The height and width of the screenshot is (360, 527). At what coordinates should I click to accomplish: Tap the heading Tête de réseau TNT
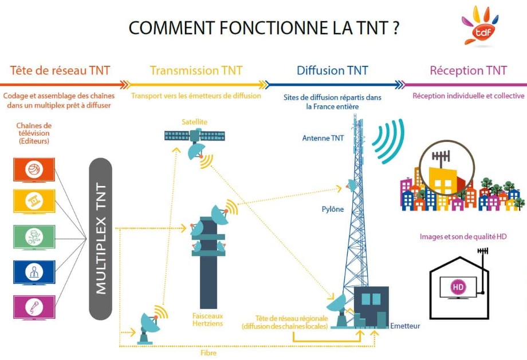pyautogui.click(x=60, y=70)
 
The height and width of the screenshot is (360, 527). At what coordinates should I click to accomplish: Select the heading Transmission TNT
pyautogui.click(x=196, y=70)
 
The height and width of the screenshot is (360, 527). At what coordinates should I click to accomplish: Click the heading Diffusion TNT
pyautogui.click(x=332, y=70)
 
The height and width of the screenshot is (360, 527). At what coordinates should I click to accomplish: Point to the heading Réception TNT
pyautogui.click(x=468, y=70)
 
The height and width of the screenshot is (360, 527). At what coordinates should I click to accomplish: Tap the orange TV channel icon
pyautogui.click(x=34, y=170)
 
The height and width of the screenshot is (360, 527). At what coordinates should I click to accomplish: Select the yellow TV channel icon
pyautogui.click(x=34, y=201)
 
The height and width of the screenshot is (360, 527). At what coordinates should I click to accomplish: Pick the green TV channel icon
pyautogui.click(x=34, y=236)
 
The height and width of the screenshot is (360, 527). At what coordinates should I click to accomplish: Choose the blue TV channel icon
pyautogui.click(x=34, y=272)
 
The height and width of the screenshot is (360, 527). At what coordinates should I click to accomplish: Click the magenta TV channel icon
pyautogui.click(x=34, y=307)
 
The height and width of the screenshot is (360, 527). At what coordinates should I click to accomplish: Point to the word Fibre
pyautogui.click(x=209, y=353)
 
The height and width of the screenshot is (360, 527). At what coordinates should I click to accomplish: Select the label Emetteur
pyautogui.click(x=405, y=326)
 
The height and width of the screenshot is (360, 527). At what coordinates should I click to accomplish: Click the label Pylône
pyautogui.click(x=332, y=209)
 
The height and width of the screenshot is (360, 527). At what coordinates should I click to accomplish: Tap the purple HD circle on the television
pyautogui.click(x=457, y=286)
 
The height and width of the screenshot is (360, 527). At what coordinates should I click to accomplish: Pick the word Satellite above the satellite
pyautogui.click(x=195, y=121)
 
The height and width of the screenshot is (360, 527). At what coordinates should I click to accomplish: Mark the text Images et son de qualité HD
pyautogui.click(x=463, y=236)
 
